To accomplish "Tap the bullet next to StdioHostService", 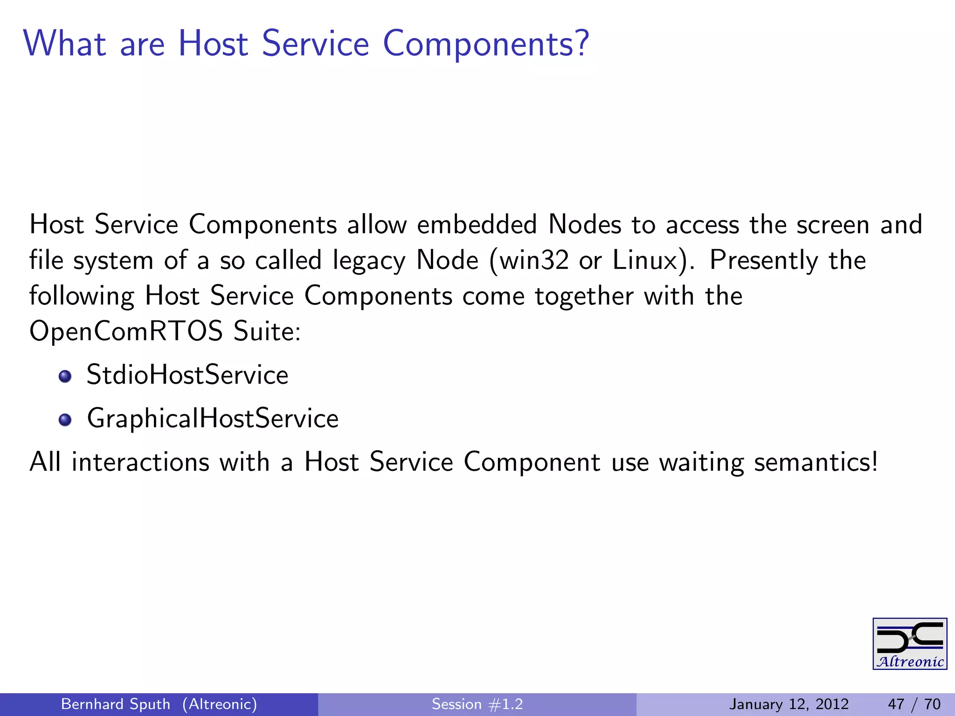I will point(65,376).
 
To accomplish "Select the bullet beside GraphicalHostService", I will point(65,420).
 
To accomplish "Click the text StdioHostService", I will point(187,375).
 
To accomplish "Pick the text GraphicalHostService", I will point(213,418).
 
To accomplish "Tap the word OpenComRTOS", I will point(126,332).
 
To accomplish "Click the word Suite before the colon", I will point(263,332).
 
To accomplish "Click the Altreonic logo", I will point(909,644).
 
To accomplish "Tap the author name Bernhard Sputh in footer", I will point(116,704).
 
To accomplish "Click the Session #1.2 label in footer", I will point(477,704).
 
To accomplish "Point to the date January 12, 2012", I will point(789,704).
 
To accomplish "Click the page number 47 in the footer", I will point(896,704).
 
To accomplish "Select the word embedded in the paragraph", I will point(477,224).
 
